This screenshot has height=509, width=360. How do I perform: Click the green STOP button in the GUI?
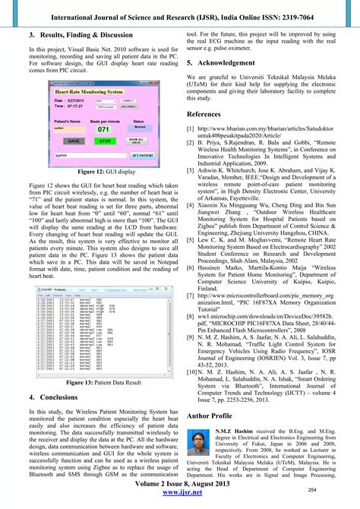(106, 141)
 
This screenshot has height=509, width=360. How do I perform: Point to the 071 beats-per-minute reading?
(103, 129)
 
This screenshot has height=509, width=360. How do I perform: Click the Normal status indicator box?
(140, 128)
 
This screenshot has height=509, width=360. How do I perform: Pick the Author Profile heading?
(216, 416)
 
